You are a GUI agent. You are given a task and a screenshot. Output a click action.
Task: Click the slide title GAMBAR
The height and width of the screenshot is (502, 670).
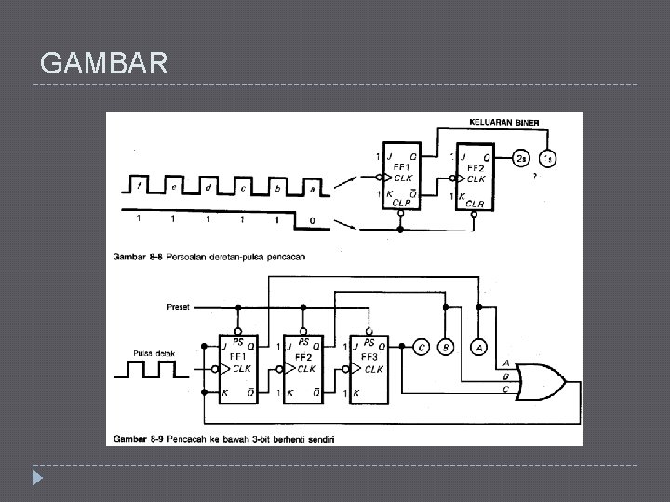[105, 64]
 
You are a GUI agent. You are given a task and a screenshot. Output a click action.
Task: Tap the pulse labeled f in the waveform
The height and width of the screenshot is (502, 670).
[140, 186]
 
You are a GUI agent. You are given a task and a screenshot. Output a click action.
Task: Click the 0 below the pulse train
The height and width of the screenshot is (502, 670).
[312, 220]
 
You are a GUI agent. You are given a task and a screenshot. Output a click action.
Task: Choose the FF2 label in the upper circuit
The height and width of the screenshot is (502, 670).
[476, 167]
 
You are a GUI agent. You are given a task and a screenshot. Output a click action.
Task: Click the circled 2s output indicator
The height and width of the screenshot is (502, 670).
[523, 158]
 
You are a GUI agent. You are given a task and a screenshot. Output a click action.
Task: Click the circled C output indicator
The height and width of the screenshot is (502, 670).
[422, 348]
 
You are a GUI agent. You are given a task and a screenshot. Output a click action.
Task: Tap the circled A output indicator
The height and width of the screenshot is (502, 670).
[478, 348]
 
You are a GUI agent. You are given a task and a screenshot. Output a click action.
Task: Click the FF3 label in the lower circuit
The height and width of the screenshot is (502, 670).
[368, 356]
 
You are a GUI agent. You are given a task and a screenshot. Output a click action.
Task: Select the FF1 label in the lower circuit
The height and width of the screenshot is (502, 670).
[237, 356]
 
